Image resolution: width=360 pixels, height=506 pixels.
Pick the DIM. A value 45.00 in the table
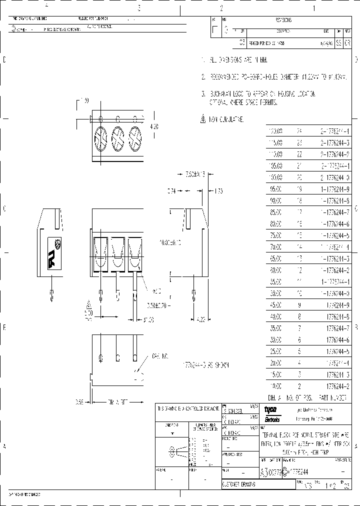tap(275, 305)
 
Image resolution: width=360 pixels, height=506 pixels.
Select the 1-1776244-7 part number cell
tap(334, 212)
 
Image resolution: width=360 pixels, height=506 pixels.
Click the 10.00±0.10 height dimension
tap(169, 242)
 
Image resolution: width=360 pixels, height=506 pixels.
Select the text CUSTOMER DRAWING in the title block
tap(239, 484)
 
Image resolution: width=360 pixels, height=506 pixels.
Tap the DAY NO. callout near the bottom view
tap(159, 356)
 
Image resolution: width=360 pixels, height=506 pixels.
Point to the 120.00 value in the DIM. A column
tap(275, 131)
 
